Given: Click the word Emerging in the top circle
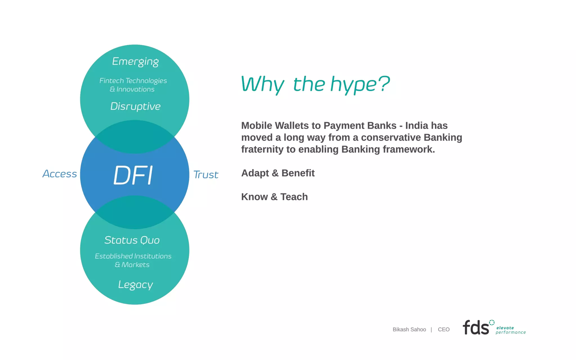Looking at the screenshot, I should pos(135,61).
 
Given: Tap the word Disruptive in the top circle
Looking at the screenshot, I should pos(135,106).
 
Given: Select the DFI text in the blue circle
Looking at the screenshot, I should pos(133,175).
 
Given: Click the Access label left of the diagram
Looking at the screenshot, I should pos(60,174).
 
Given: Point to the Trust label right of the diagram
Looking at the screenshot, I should pos(206,175).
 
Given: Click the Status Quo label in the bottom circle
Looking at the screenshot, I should pos(132,240).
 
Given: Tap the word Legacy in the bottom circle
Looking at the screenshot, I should pos(135,285).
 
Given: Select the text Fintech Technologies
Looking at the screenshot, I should pos(133,81).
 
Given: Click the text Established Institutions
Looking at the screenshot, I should pos(133,256).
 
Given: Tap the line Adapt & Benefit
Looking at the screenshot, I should pos(278,173).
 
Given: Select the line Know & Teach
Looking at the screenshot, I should pos(274,197).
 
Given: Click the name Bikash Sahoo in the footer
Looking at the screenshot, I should pos(409,329).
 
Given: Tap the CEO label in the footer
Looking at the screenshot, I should pos(444,329).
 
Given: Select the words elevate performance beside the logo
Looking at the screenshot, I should pos(510,330).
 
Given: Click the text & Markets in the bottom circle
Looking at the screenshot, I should pos(132,265).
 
